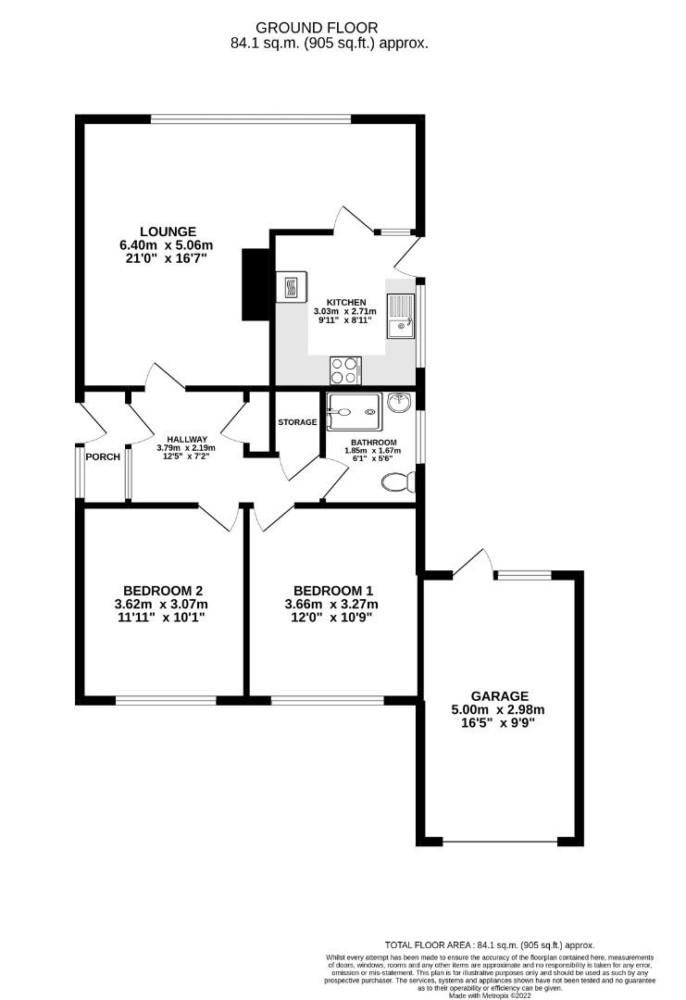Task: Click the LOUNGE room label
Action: tap(168, 231)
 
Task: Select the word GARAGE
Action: tap(499, 696)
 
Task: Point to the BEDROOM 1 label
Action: tap(333, 591)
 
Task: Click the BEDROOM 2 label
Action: tap(163, 591)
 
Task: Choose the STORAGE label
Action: tap(297, 422)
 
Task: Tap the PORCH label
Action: tap(103, 457)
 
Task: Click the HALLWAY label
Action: tap(187, 440)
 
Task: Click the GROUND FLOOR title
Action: tap(330, 29)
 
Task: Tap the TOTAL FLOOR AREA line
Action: tap(490, 945)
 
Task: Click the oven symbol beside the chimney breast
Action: tap(292, 285)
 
